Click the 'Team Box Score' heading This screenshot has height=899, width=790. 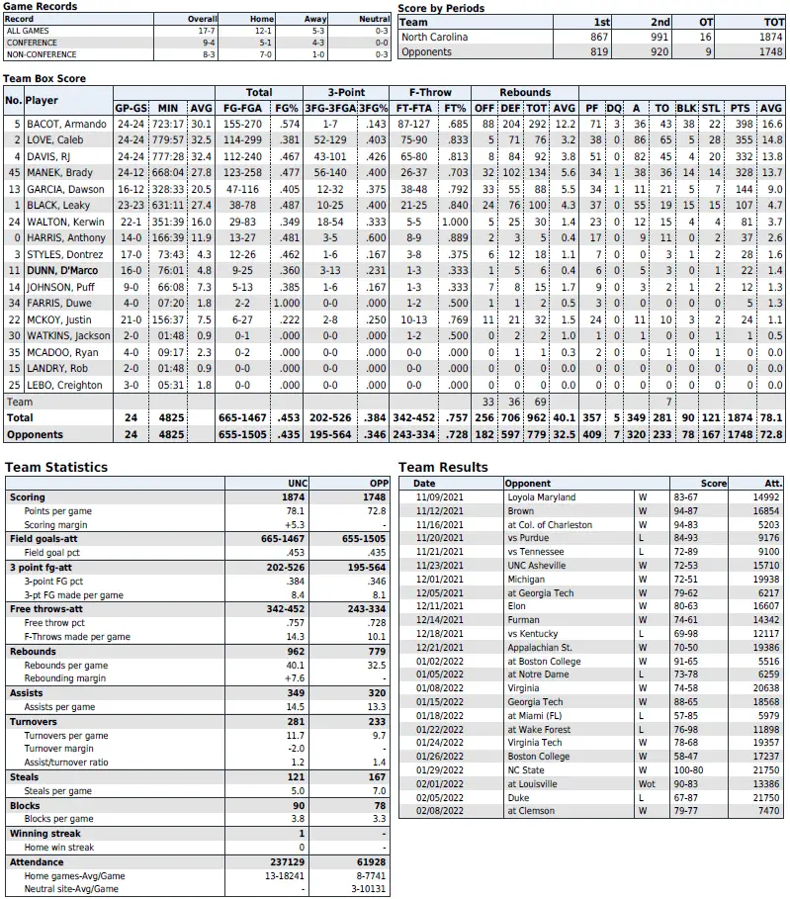coord(45,78)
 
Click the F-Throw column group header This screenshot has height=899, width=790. coord(431,93)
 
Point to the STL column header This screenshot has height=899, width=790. coord(711,108)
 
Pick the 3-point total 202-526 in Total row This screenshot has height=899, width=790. coord(329,418)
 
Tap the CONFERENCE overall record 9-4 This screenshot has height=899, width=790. coord(205,43)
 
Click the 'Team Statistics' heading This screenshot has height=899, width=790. coord(56,467)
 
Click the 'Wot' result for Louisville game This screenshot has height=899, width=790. coord(646,783)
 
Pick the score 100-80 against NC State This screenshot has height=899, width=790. coord(684,769)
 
